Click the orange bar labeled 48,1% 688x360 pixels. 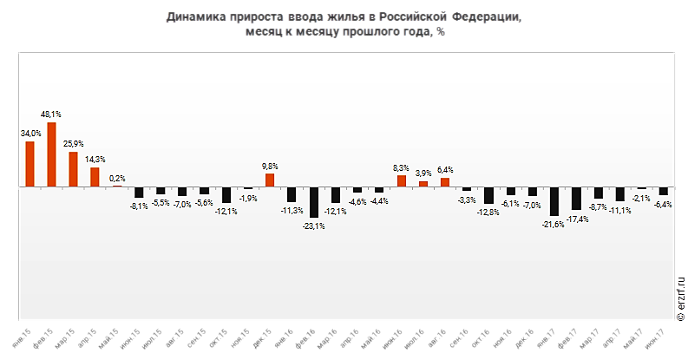coord(51,154)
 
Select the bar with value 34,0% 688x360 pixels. coord(29,164)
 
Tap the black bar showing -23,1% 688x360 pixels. coord(314,202)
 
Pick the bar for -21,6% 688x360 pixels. coord(554,201)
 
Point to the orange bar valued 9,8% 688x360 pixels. coord(270,180)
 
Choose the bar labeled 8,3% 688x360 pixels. coord(402,181)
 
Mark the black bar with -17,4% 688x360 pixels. coord(576,199)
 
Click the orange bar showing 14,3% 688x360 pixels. coord(95,177)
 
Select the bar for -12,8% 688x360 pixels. coord(488,195)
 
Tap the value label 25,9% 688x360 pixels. coord(73,143)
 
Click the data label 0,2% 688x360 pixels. coord(117,178)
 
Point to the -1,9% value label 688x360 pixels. coord(248,198)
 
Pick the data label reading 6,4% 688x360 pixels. coord(445,169)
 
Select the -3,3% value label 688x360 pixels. coord(467,200)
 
